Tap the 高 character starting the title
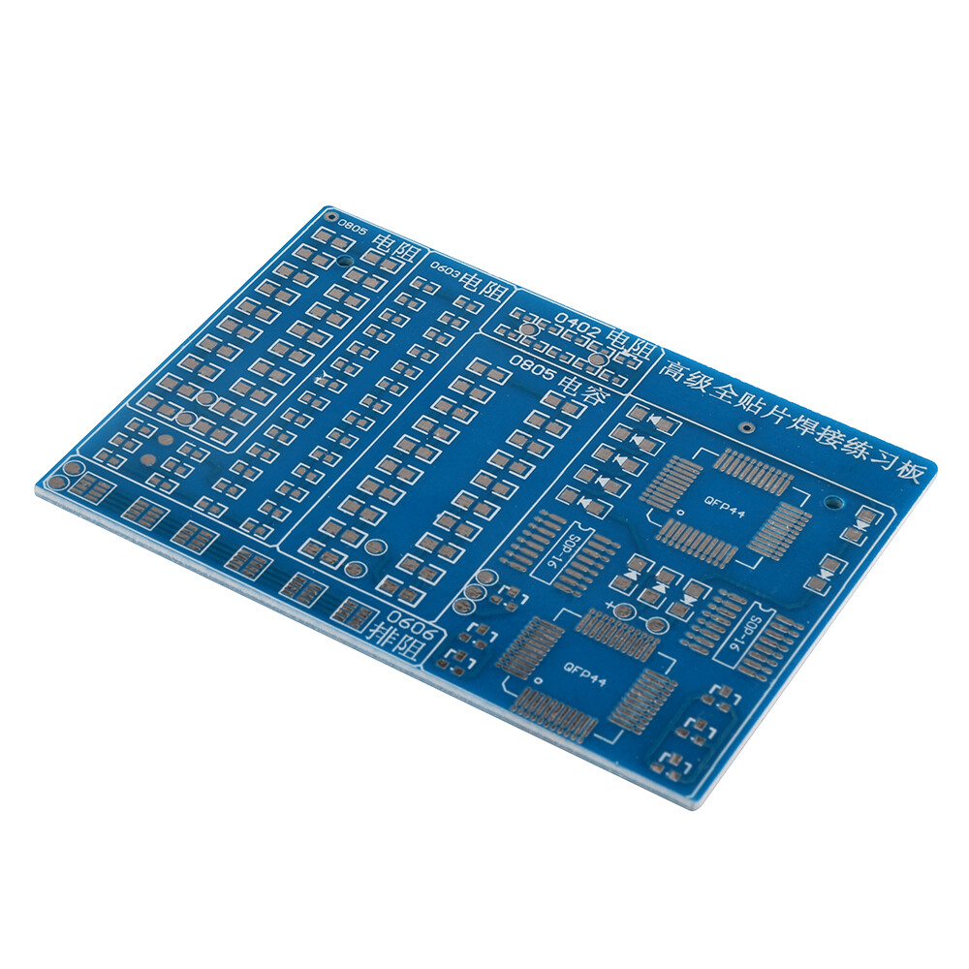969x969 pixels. (675, 368)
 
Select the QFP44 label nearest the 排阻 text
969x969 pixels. (584, 674)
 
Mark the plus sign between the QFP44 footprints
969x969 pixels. (610, 607)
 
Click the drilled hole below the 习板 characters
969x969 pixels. (832, 503)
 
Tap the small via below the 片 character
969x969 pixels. (746, 428)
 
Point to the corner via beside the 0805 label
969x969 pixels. (328, 213)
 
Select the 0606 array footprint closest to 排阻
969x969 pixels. (353, 610)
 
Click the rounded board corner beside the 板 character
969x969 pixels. (933, 465)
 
